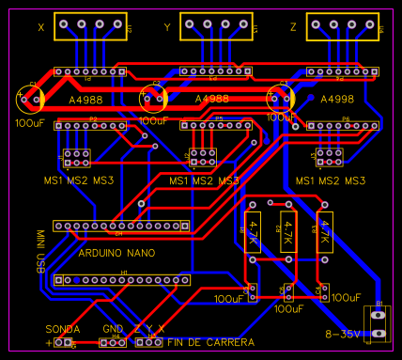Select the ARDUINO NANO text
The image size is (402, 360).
click(x=117, y=253)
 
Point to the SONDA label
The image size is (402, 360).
click(x=63, y=329)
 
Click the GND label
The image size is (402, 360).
click(x=113, y=329)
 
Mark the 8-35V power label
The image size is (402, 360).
click(x=344, y=334)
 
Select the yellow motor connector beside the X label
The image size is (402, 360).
click(x=91, y=29)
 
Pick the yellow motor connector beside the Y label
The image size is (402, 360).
click(x=217, y=29)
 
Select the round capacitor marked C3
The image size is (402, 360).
click(x=280, y=97)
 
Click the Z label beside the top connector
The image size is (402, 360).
click(x=293, y=28)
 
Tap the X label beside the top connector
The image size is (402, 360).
click(x=41, y=28)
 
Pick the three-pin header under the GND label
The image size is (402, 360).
click(x=114, y=342)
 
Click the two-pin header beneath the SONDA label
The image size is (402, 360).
click(x=65, y=343)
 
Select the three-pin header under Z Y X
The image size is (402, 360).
click(x=148, y=342)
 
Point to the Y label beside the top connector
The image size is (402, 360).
click(x=168, y=28)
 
